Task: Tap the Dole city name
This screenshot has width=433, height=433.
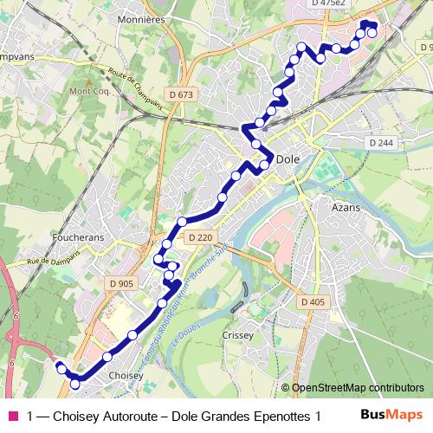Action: [x=288, y=159]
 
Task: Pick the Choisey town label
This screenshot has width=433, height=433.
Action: [x=127, y=376]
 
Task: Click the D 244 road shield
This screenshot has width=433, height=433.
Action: [x=380, y=142]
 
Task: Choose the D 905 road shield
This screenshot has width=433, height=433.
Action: [x=121, y=283]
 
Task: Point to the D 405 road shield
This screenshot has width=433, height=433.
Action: [x=313, y=301]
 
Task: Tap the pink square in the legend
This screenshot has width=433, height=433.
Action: [x=13, y=416]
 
